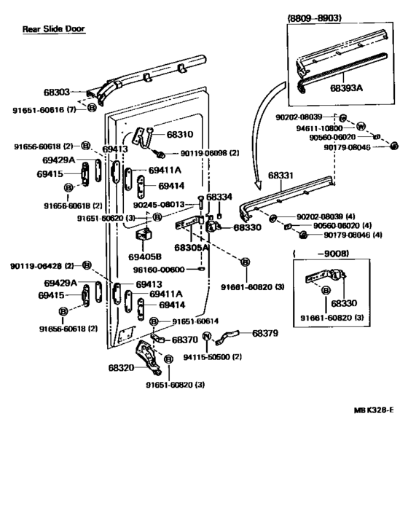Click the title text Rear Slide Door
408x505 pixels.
click(x=53, y=29)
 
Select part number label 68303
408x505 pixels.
click(x=56, y=93)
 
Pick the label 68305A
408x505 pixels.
click(x=192, y=248)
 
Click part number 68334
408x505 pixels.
click(x=219, y=197)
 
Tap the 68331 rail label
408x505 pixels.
click(x=282, y=176)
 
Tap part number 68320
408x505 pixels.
click(x=122, y=368)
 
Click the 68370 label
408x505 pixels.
click(x=184, y=340)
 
